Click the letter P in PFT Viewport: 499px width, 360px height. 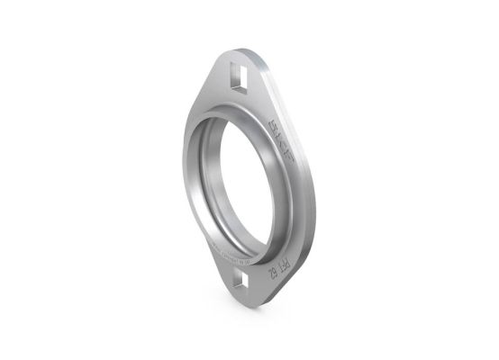tap(283, 254)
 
